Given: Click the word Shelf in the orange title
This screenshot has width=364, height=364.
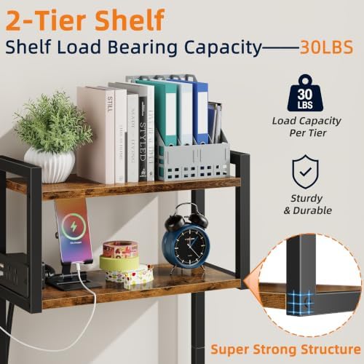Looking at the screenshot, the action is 130,20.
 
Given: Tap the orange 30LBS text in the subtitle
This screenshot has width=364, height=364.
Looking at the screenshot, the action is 326,47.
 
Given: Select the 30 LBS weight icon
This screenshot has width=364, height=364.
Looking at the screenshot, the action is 305,93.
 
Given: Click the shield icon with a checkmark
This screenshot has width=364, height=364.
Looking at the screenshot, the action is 305,172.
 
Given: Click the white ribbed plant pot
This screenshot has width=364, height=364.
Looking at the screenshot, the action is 50,165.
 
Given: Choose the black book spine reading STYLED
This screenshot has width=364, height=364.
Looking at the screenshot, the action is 143,139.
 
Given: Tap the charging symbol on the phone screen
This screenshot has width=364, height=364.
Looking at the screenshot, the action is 74,226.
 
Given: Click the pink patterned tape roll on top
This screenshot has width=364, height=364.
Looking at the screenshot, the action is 120,249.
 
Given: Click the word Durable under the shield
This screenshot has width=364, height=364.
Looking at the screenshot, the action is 312,210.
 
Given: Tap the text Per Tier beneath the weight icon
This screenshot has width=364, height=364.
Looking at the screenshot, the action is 308,133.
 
